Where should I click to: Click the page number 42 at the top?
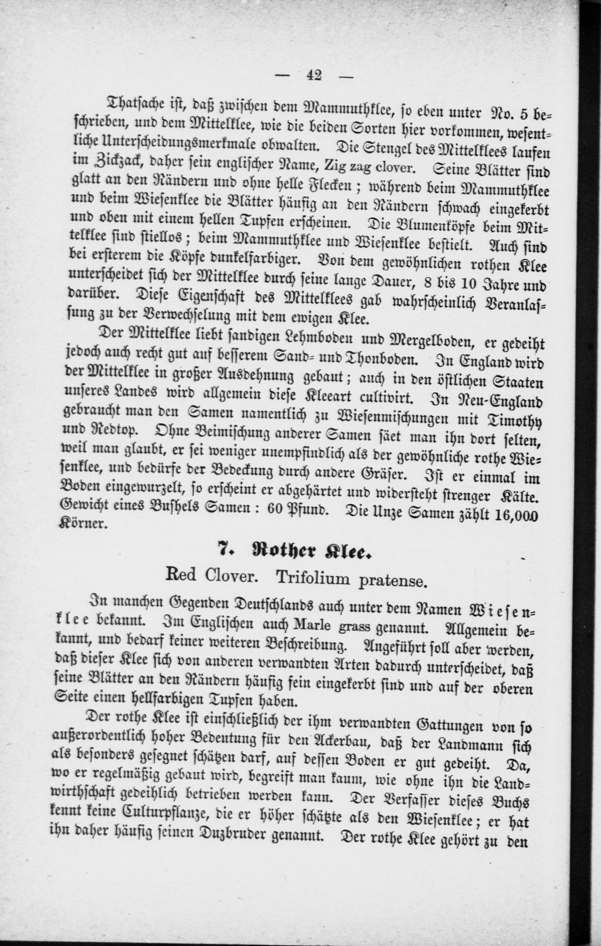314,75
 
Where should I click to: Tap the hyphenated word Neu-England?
500,401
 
